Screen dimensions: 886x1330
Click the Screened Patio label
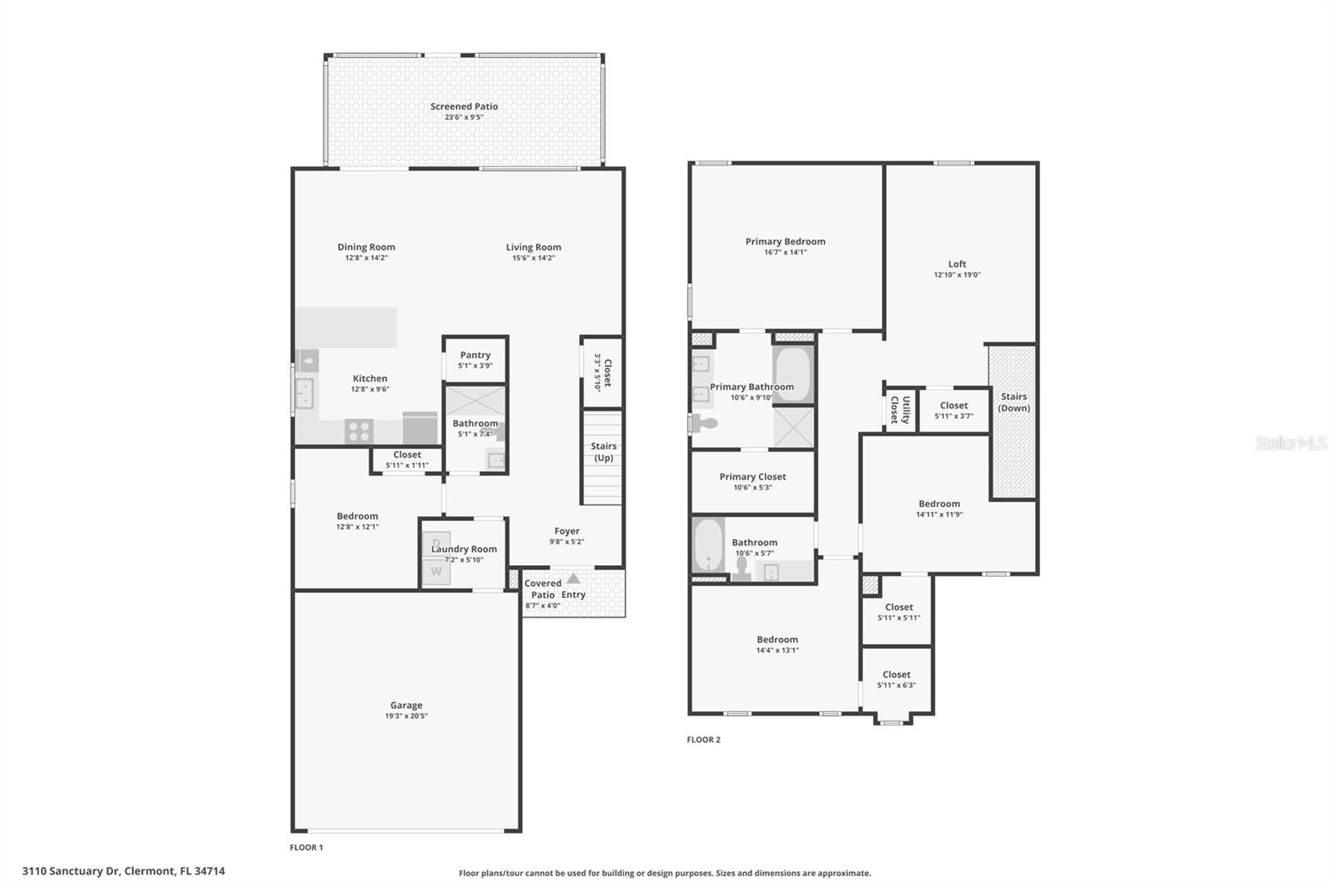pyautogui.click(x=464, y=106)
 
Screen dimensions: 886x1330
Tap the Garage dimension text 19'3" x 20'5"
pyautogui.click(x=406, y=716)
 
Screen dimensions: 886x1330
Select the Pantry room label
pyautogui.click(x=475, y=355)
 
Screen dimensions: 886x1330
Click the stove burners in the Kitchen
pyautogui.click(x=359, y=431)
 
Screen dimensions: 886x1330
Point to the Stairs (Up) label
pyautogui.click(x=603, y=452)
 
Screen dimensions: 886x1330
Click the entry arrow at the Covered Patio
pyautogui.click(x=574, y=579)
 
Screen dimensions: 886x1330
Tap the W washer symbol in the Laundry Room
pyautogui.click(x=436, y=572)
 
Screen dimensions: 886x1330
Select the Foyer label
pyautogui.click(x=567, y=531)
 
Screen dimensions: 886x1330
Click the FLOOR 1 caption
pyautogui.click(x=306, y=848)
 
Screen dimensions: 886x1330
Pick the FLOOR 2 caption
pyautogui.click(x=703, y=740)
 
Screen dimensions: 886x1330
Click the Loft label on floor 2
pyautogui.click(x=957, y=264)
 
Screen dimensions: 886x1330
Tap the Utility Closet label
pyautogui.click(x=900, y=410)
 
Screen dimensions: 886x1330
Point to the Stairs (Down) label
pyautogui.click(x=1013, y=402)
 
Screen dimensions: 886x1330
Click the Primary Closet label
pyautogui.click(x=752, y=477)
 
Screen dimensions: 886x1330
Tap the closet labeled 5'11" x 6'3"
pyautogui.click(x=896, y=680)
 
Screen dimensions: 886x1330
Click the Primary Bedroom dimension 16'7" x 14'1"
pyautogui.click(x=785, y=253)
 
